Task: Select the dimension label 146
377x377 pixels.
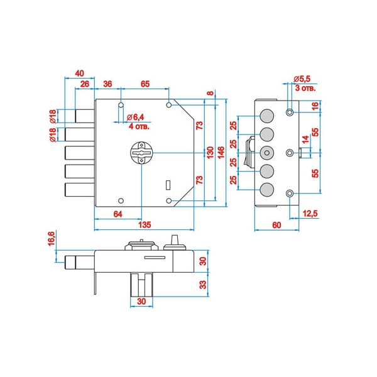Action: click(221, 152)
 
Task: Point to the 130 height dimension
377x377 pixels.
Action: click(210, 152)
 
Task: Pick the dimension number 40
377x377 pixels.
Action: click(80, 73)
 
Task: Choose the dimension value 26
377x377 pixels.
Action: click(85, 84)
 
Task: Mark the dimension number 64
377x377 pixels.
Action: click(117, 215)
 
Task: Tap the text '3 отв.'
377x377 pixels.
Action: click(305, 89)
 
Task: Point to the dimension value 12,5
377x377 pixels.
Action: click(310, 214)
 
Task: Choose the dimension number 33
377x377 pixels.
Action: click(202, 284)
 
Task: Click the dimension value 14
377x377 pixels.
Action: click(305, 139)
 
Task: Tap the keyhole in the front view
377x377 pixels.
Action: click(143, 153)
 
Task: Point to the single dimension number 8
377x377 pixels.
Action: click(210, 94)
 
